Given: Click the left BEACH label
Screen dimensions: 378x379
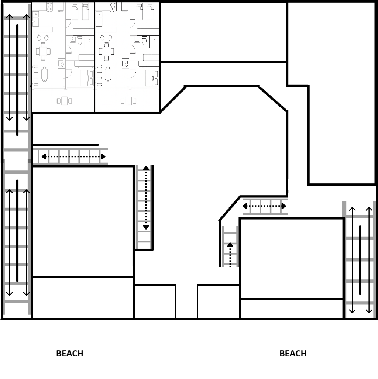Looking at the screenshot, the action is (x=70, y=354).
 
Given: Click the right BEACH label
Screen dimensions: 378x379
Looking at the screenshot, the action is (x=293, y=354).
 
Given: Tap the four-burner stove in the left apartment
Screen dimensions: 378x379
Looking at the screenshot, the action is (x=49, y=7).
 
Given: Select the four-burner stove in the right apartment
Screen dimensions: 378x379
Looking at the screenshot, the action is (x=113, y=7).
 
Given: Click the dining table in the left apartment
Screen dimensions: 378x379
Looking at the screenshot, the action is (x=43, y=51).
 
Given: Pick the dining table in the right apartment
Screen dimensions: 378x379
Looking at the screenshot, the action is (x=106, y=51).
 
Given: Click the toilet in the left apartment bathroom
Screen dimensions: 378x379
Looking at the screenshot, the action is (x=80, y=41).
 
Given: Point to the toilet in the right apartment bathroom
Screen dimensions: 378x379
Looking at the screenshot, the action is (x=144, y=41).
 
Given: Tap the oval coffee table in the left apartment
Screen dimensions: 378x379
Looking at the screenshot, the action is (x=45, y=74).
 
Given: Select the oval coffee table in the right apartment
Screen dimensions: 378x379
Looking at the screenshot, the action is (x=108, y=74).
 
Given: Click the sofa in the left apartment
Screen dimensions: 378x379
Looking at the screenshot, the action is (x=35, y=75).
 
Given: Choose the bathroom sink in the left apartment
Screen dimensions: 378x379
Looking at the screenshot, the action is (x=73, y=39).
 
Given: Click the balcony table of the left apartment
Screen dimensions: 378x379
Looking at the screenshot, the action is (x=65, y=101).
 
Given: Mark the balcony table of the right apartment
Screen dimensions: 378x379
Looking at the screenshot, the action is (x=128, y=101).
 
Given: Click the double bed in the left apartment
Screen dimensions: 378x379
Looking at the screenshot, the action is (x=87, y=78).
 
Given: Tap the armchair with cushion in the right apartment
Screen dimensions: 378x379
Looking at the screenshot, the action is (x=125, y=63).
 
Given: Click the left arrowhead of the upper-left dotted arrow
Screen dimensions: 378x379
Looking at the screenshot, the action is (x=44, y=156).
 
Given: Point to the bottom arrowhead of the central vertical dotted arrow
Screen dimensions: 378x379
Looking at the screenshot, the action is (x=146, y=227).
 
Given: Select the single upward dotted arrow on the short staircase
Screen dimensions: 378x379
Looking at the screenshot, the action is (x=230, y=255).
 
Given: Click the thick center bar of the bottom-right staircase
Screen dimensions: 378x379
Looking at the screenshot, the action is (x=360, y=260).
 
